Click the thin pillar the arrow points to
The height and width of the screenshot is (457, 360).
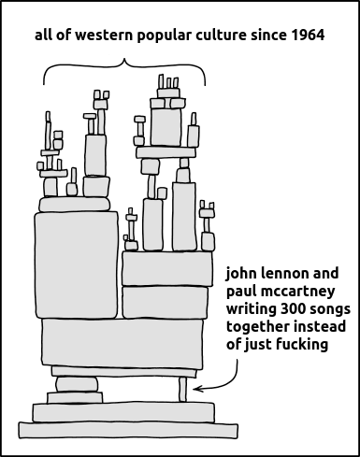(183, 390)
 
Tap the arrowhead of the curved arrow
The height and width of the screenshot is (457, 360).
(197, 389)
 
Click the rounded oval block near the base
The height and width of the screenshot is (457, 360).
(77, 384)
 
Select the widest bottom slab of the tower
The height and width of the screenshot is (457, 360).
(128, 430)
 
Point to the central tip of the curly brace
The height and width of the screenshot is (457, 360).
(124, 59)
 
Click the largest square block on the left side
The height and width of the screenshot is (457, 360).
(77, 265)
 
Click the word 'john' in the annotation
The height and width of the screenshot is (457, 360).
(241, 275)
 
